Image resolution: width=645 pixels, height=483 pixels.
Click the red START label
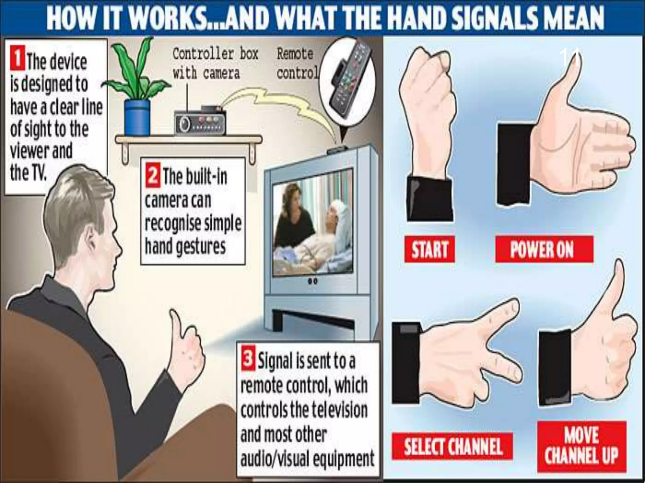coord(430,249)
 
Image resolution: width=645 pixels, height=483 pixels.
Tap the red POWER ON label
coord(544,249)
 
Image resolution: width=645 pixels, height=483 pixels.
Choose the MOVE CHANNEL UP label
coord(581,446)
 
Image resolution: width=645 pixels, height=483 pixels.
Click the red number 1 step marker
coord(17,58)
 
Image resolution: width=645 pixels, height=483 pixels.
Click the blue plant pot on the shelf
coord(137,117)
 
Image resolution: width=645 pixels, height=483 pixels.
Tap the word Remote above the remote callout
coord(295,54)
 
